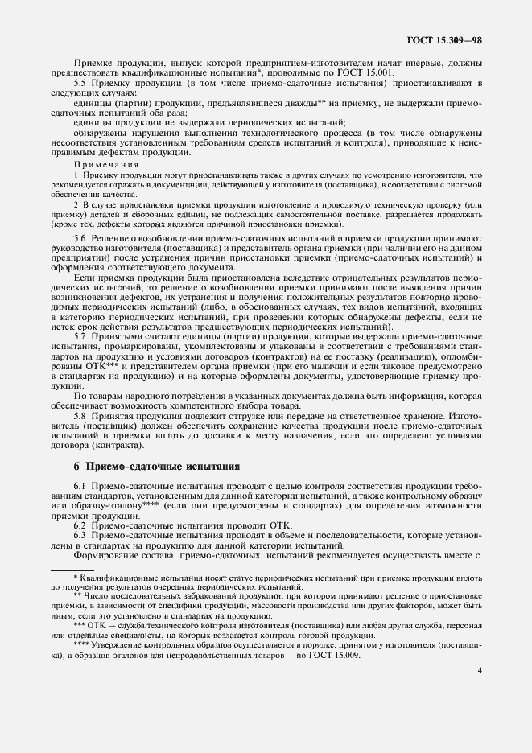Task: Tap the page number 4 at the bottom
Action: point(479,669)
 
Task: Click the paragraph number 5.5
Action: point(81,83)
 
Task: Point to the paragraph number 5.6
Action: point(81,239)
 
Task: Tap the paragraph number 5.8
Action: point(81,415)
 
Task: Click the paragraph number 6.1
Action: point(81,488)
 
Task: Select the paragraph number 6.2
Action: point(81,525)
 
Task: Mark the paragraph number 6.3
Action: point(81,535)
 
